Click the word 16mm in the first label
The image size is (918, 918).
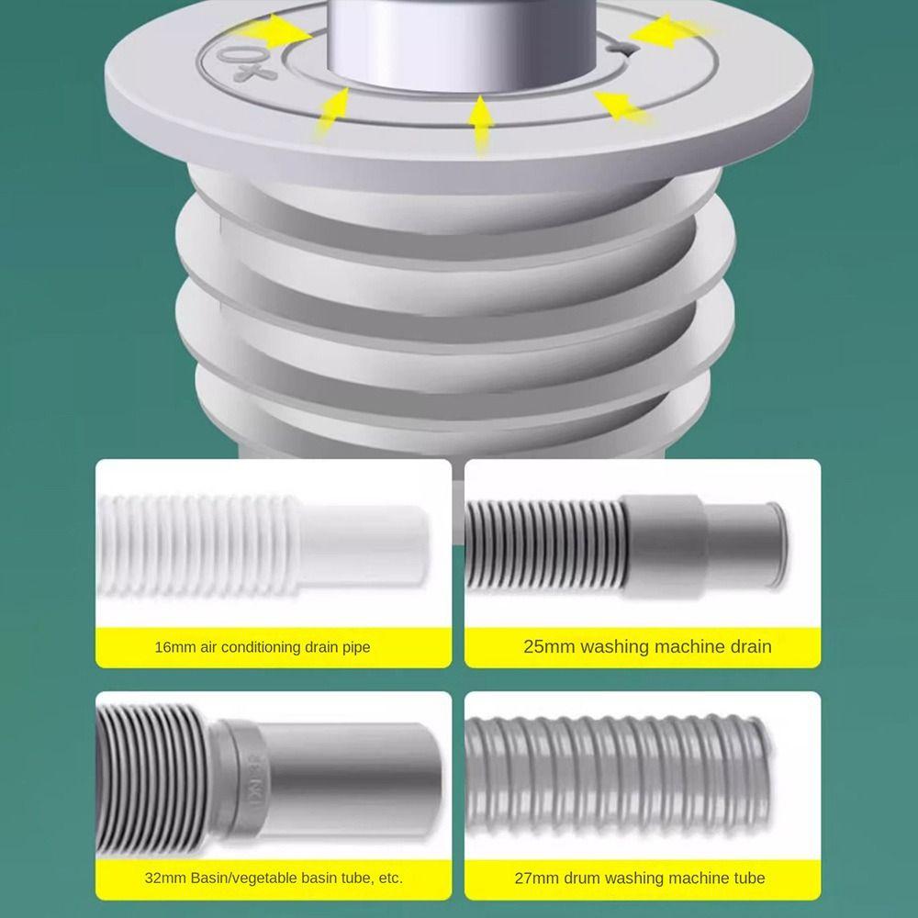(173, 647)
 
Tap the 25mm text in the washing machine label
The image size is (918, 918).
(548, 646)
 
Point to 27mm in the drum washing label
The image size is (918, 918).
(535, 878)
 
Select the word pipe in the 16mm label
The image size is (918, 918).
(354, 647)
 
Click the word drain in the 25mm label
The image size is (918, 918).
(746, 646)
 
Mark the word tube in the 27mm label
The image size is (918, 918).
(747, 878)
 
